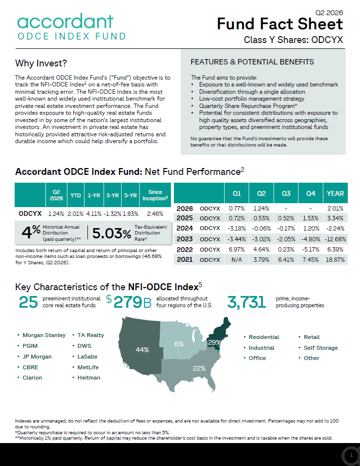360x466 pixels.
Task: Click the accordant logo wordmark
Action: click(65, 21)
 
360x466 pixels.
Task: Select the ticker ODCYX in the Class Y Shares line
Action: click(327, 40)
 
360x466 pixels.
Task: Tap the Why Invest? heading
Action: click(41, 64)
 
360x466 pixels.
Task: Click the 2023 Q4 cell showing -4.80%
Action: click(311, 239)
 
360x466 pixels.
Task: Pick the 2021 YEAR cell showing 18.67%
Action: click(335, 259)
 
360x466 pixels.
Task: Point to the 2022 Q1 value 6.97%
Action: click(236, 249)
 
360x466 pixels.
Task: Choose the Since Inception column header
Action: click(155, 195)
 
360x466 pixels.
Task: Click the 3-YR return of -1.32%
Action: click(112, 213)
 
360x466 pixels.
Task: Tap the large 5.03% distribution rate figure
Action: click(111, 233)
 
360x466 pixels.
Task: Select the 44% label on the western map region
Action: click(142, 350)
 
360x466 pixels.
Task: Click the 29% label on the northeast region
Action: click(214, 343)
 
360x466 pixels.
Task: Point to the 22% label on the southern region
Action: click(199, 368)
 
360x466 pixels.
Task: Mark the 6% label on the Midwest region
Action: click(179, 344)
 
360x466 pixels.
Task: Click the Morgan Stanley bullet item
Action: click(44, 335)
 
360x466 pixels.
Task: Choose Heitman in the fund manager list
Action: click(89, 378)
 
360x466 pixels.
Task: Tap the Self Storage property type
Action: click(321, 348)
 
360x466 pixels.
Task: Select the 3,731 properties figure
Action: click(247, 302)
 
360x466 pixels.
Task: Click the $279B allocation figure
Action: click(129, 302)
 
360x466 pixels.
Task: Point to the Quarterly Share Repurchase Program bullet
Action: click(248, 106)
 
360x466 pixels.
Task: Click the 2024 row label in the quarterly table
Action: click(185, 228)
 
